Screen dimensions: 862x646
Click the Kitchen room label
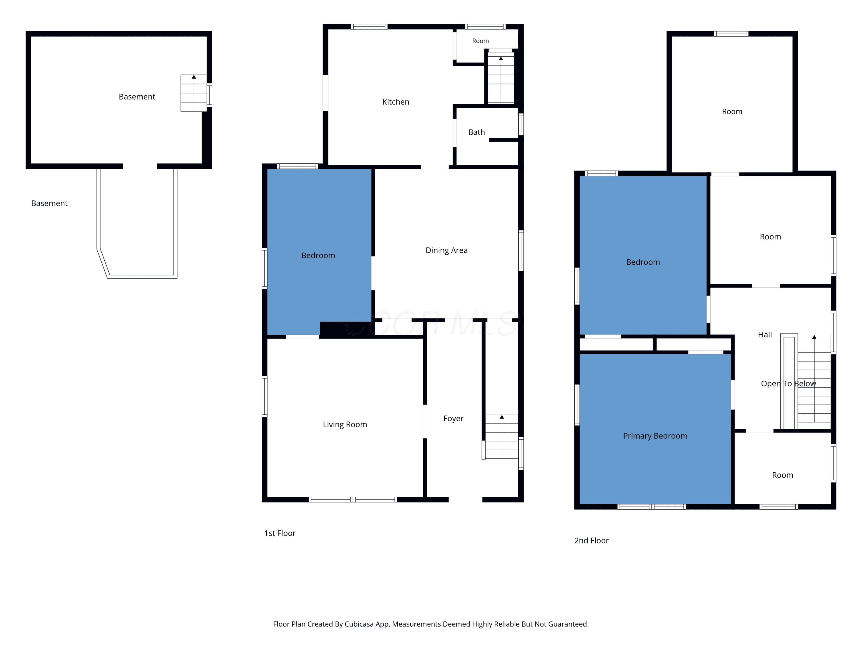coord(396,102)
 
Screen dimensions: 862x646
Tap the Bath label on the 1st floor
coord(476,132)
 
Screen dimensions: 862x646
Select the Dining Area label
coord(446,250)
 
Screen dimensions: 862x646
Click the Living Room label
coord(345,424)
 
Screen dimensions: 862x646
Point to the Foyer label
coord(453,419)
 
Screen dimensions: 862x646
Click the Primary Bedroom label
coord(655,436)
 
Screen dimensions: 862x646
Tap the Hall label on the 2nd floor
coord(765,335)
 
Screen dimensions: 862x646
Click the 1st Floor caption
coord(280,533)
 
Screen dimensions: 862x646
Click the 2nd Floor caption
coord(591,540)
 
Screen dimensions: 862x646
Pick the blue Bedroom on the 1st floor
coord(319,252)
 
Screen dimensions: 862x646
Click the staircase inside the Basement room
coord(194,93)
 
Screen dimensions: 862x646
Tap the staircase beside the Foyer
coord(501,436)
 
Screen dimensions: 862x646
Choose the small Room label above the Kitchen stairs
coord(480,41)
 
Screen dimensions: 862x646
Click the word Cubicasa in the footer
coord(359,624)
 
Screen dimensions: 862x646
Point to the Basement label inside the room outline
coord(137,96)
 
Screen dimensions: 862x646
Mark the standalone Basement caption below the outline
coord(49,203)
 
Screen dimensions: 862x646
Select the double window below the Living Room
coord(353,500)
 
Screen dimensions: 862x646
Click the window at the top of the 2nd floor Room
coord(731,34)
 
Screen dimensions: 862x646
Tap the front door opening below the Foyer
coord(465,500)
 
